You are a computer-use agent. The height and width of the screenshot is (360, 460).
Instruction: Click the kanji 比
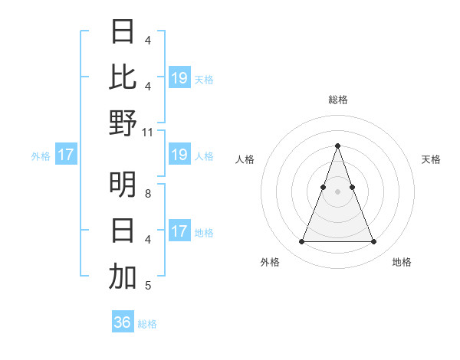(x=123, y=77)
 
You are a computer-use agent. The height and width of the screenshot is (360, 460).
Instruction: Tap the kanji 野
(x=123, y=123)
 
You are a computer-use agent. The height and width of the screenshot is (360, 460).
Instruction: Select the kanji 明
(x=123, y=185)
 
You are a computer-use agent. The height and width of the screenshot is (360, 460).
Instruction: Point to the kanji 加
(x=123, y=277)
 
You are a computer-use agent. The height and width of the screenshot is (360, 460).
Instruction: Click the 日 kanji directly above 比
(x=123, y=31)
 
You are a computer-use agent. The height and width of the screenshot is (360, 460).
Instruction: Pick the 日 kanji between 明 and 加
(x=123, y=231)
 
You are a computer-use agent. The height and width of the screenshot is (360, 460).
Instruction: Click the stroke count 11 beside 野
(x=148, y=133)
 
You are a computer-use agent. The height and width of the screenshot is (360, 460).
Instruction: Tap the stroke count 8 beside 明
(x=148, y=194)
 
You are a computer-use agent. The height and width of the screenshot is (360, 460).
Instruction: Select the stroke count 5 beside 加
(x=148, y=286)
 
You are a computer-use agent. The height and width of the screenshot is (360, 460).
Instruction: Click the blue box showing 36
(x=123, y=322)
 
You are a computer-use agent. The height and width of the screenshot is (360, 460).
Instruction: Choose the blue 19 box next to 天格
(x=179, y=77)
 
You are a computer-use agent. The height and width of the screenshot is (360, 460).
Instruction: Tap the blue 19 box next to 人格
(x=179, y=155)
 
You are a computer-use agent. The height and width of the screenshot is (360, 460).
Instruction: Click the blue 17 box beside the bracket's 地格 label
(x=179, y=231)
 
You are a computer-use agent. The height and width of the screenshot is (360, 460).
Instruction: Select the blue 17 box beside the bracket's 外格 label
(x=66, y=155)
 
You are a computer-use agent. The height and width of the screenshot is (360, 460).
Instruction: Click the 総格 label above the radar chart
(x=337, y=100)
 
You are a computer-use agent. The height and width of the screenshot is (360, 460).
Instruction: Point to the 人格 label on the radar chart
(x=245, y=159)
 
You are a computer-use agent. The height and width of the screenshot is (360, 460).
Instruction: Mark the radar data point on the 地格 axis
(x=373, y=242)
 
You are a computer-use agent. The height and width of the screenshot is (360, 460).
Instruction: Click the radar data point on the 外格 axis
(x=301, y=242)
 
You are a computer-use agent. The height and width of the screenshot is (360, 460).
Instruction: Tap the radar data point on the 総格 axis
(x=337, y=146)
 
